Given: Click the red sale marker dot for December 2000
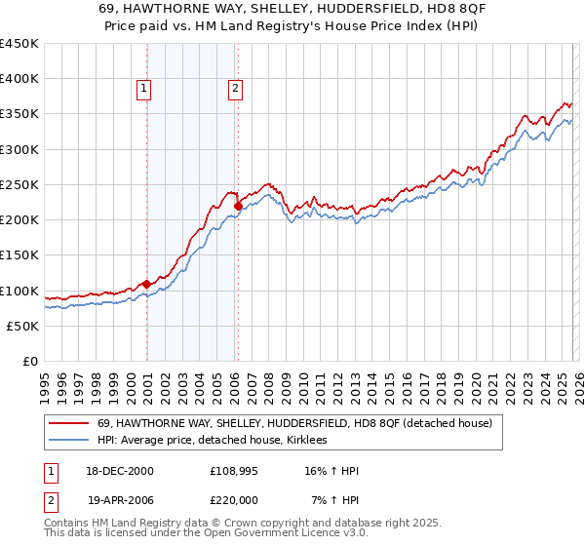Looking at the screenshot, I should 146,284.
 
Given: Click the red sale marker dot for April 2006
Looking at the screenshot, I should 238,206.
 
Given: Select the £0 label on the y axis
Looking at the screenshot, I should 31,362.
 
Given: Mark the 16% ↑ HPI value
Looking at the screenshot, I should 331,471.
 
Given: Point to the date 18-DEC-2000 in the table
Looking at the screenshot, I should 119,471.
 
